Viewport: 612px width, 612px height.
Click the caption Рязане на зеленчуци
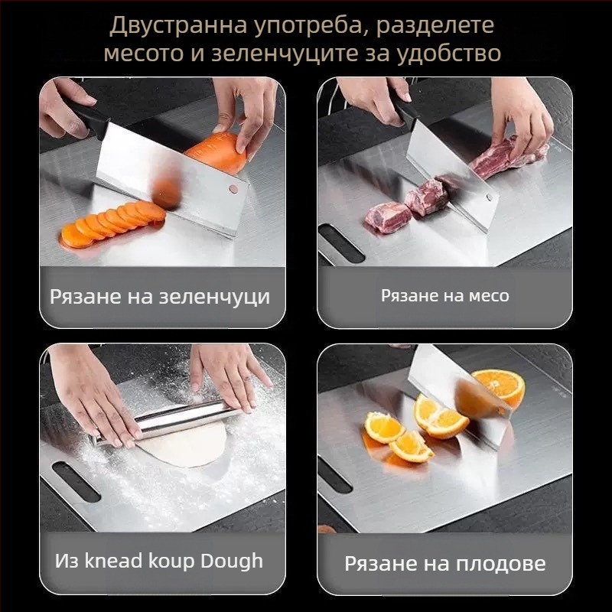160,296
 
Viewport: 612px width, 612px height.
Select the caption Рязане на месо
444,295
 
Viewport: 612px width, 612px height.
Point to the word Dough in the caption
231,560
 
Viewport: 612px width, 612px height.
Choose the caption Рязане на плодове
444,564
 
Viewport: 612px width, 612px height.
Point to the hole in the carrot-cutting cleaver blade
233,187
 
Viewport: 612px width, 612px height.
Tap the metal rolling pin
168,421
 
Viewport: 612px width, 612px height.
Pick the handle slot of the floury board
75,482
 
